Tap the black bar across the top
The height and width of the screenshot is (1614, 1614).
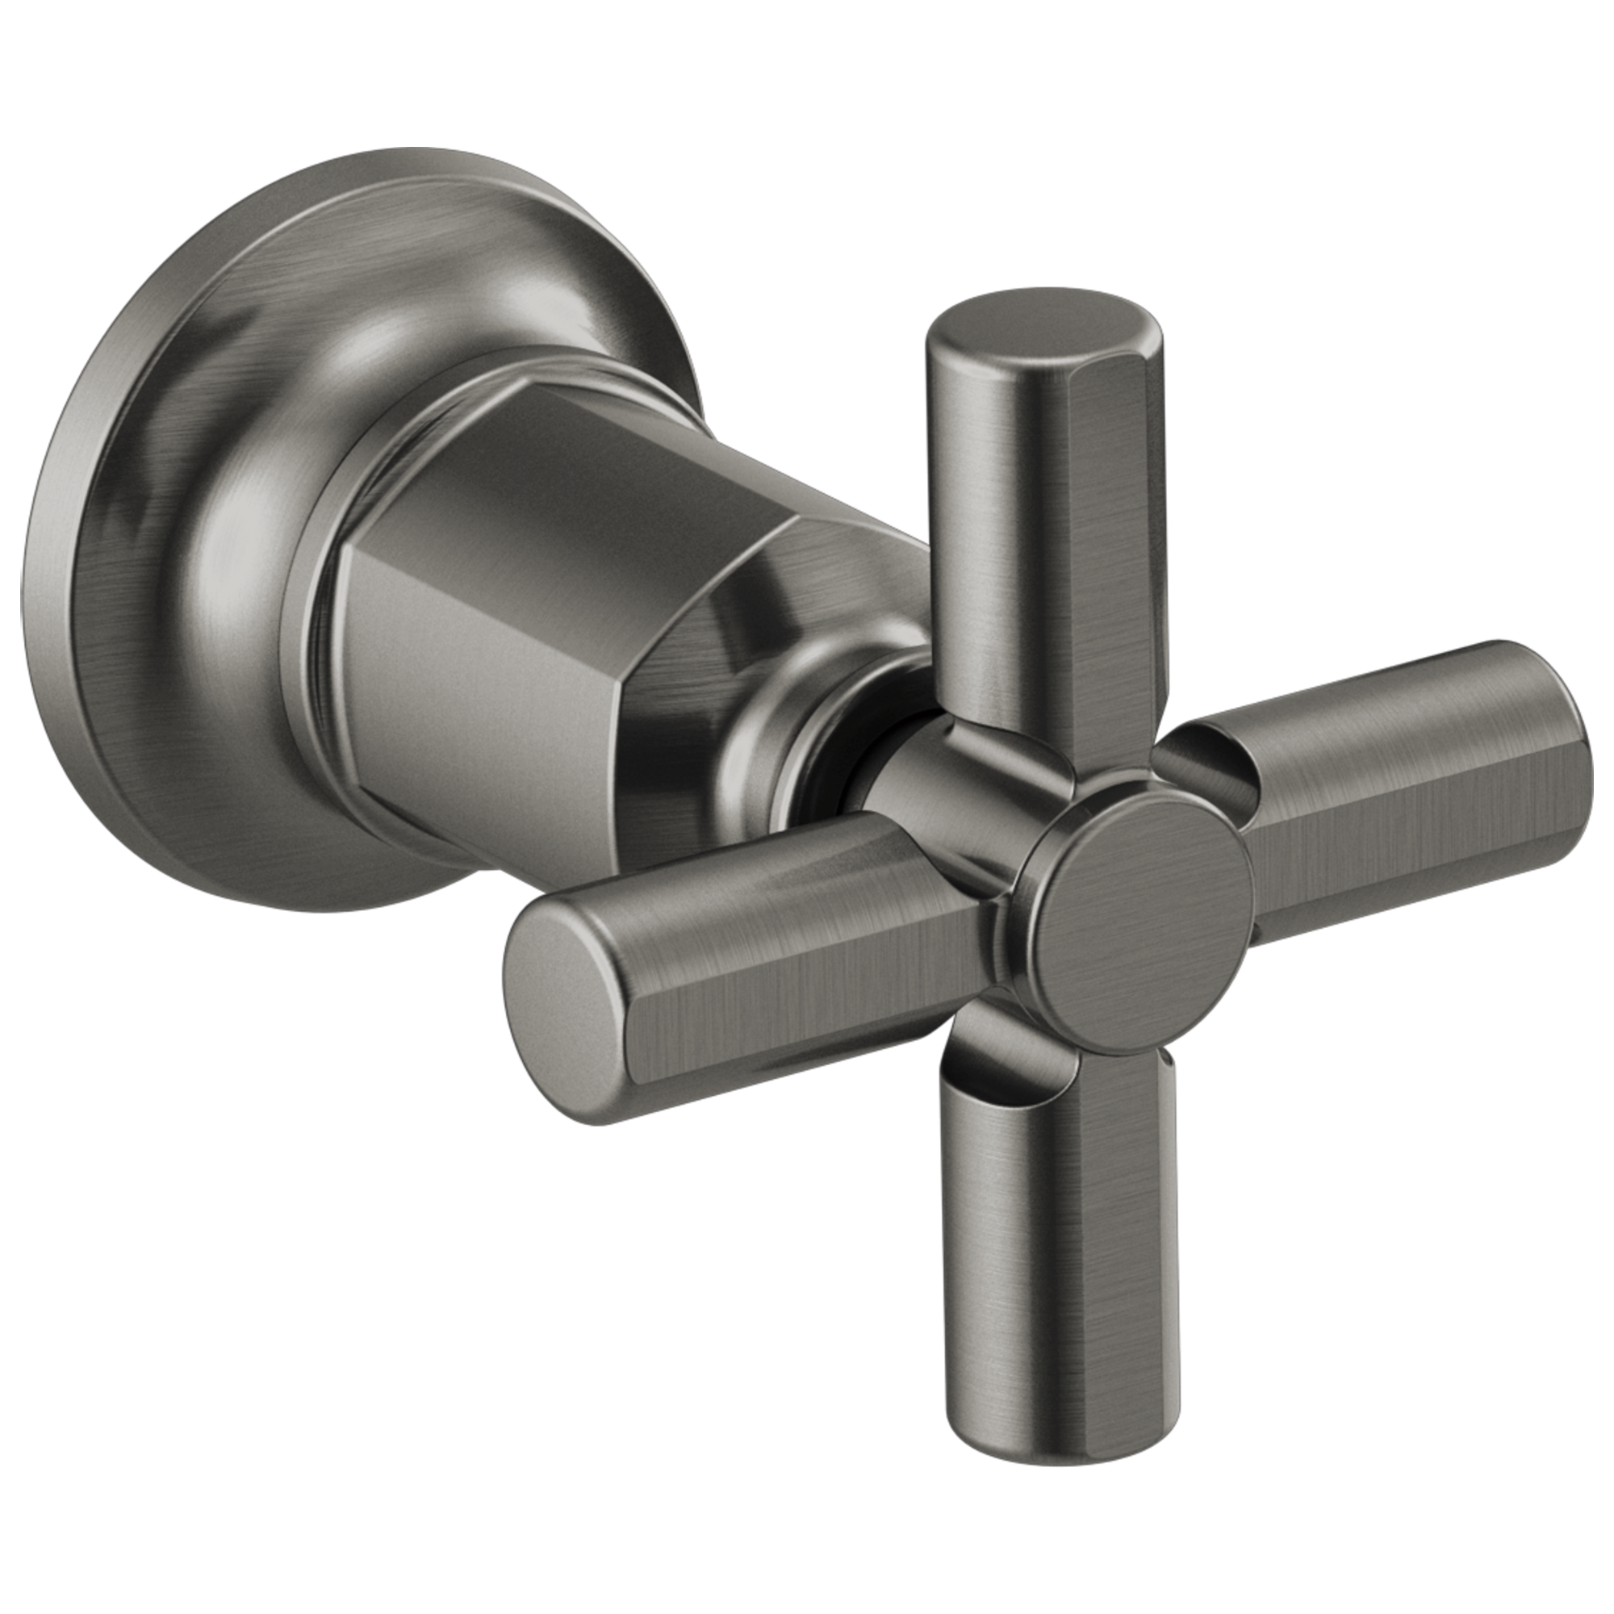[x=807, y=71]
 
